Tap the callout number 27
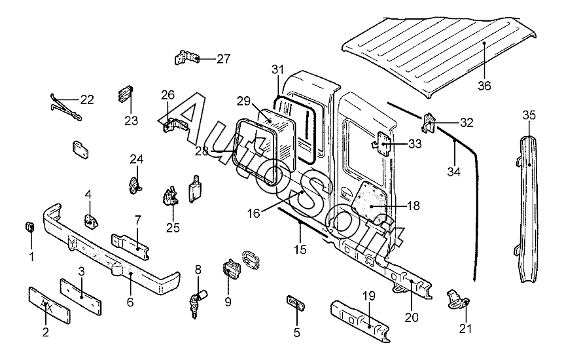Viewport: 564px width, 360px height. (x=223, y=59)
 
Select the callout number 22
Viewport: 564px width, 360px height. (x=87, y=99)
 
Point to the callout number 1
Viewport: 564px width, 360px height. (x=31, y=257)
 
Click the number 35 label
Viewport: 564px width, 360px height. (x=529, y=115)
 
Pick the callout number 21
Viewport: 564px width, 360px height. (x=465, y=329)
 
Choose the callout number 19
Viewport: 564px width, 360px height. (x=369, y=296)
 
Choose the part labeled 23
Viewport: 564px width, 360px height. (x=125, y=93)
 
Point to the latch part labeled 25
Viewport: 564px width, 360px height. (x=171, y=196)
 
